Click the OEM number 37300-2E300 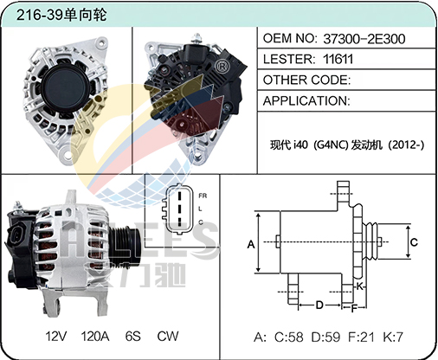pos(364,39)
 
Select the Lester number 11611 pos(338,59)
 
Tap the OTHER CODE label pos(306,80)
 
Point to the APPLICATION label pos(306,101)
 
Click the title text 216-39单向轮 pos(61,15)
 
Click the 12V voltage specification pos(56,337)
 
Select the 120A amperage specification pos(95,337)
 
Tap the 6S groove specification pos(133,337)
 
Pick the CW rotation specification pos(168,337)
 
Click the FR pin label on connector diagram pos(203,196)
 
